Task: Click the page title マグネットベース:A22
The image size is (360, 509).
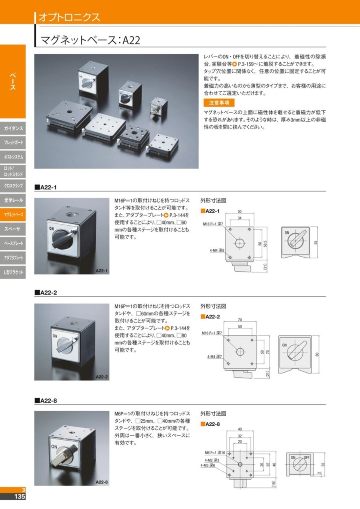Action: click(x=90, y=40)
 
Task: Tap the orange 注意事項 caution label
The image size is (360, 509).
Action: click(x=219, y=103)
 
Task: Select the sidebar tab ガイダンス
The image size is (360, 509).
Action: click(x=13, y=128)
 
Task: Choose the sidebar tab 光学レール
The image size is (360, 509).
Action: click(x=13, y=200)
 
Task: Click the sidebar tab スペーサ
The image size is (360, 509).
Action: click(x=13, y=229)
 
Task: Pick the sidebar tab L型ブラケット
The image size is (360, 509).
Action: click(x=13, y=272)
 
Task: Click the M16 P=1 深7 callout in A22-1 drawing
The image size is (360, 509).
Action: click(x=213, y=224)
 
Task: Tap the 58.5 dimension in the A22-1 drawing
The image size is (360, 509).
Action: click(x=265, y=244)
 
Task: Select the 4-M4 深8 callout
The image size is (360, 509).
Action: click(x=217, y=250)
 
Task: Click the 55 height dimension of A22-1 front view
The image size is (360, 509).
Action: click(x=316, y=242)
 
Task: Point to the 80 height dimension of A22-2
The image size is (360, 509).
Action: click(x=317, y=354)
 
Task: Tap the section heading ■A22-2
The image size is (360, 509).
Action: click(x=46, y=293)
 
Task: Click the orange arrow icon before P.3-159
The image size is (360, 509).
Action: click(x=235, y=64)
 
